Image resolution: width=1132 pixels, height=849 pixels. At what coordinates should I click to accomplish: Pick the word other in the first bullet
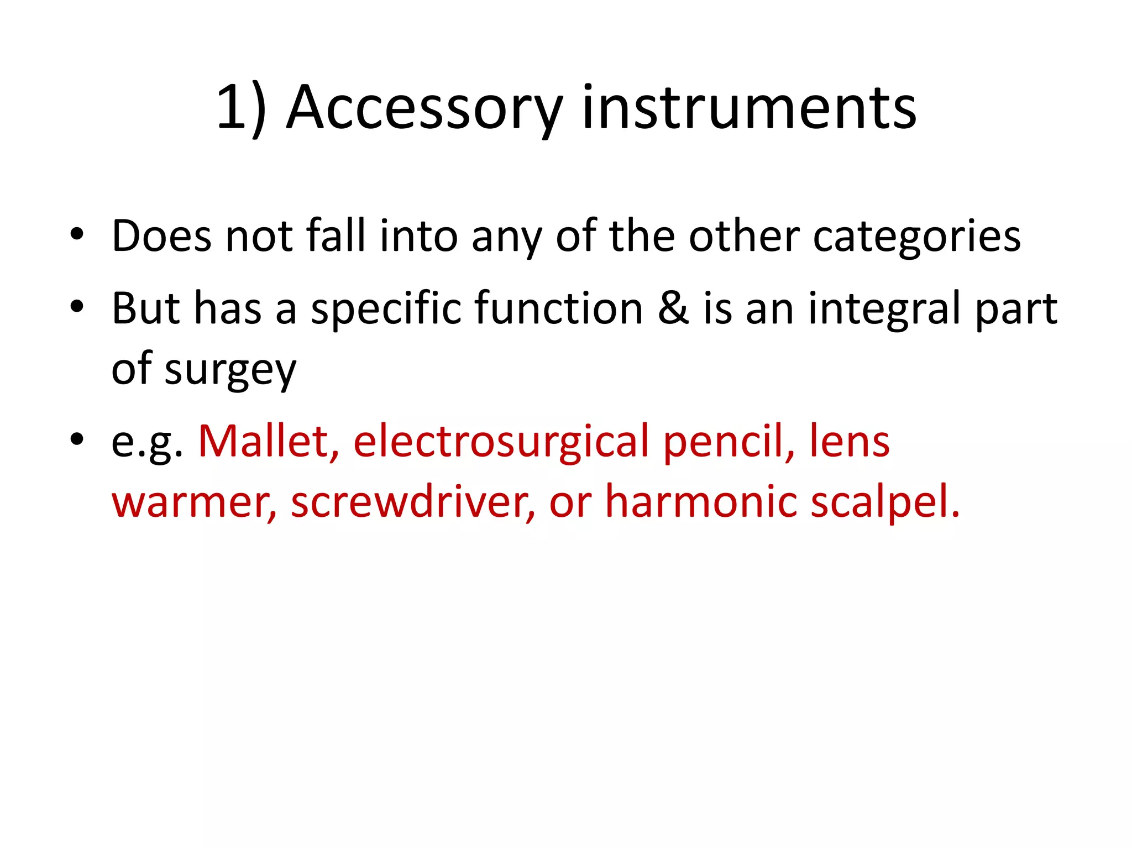[744, 236]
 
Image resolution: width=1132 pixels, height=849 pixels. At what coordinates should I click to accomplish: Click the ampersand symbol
[673, 308]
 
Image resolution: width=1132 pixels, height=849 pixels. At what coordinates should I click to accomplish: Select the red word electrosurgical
[501, 442]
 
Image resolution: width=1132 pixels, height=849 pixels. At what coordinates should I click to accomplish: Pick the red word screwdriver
[412, 502]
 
